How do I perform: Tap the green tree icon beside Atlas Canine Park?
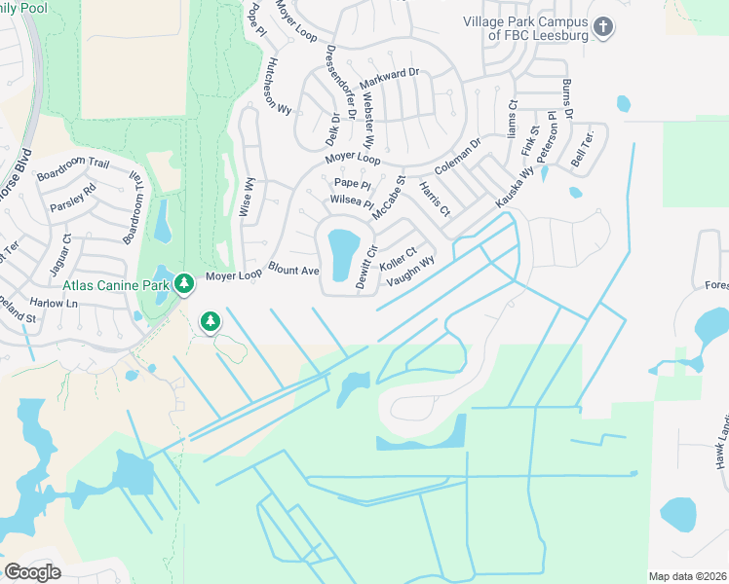pos(182,284)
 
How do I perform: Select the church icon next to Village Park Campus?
pos(604,26)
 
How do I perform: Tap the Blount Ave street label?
pos(294,270)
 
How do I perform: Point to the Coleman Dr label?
pos(458,157)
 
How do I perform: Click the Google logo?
pos(32,571)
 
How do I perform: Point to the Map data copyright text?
pos(686,576)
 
